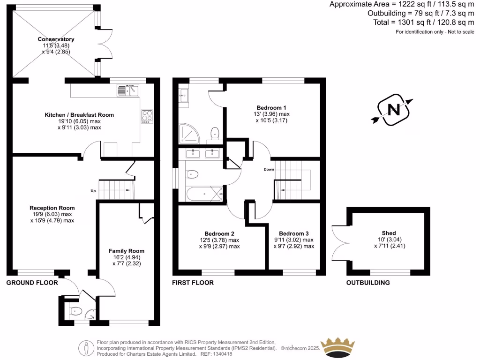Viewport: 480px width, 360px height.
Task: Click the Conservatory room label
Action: point(56,39)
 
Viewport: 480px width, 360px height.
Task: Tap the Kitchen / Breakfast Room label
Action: point(79,115)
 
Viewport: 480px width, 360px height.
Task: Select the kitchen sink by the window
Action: point(128,90)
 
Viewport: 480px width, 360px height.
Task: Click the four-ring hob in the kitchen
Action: point(147,115)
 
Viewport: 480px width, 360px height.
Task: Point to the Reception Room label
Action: point(52,208)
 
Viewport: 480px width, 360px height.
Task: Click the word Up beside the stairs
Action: point(93,191)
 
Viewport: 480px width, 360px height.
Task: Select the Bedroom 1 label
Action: point(271,107)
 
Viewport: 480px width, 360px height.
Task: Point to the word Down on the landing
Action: point(269,169)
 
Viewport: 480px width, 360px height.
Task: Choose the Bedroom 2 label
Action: point(219,233)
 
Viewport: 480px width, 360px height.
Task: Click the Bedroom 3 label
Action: point(294,233)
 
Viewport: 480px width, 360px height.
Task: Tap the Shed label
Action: point(389,233)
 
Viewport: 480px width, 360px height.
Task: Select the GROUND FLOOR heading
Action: point(32,283)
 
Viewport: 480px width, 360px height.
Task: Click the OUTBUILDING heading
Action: point(368,283)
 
